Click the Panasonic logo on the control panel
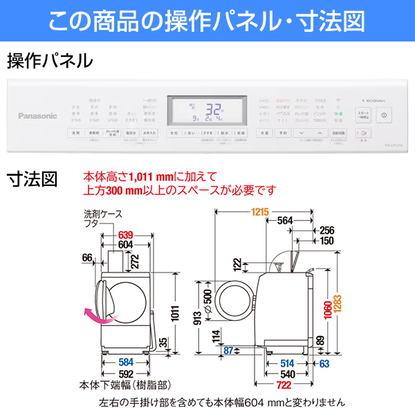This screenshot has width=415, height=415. point(38,116)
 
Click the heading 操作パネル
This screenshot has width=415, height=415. point(50,62)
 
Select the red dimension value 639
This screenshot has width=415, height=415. point(126,234)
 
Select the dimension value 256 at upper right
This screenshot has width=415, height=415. point(327,231)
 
